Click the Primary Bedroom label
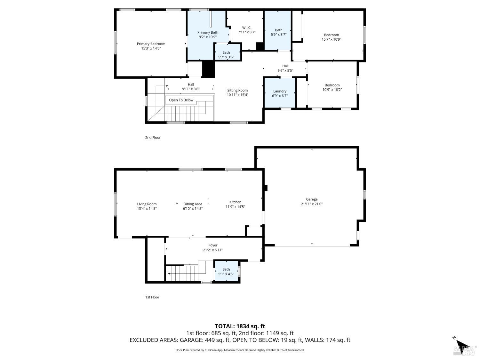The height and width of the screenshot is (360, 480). pyautogui.click(x=151, y=44)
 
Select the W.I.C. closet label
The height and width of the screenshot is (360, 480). pyautogui.click(x=246, y=28)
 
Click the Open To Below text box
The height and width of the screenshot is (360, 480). pyautogui.click(x=181, y=100)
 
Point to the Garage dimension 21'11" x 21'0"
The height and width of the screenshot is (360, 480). pyautogui.click(x=312, y=204)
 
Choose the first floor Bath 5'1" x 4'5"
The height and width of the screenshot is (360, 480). pyautogui.click(x=226, y=271)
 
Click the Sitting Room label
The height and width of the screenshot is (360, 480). pyautogui.click(x=237, y=90)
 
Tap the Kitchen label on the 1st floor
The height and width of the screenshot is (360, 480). pyautogui.click(x=235, y=202)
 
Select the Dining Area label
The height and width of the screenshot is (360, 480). pyautogui.click(x=193, y=204)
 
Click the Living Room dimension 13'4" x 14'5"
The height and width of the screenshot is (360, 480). pyautogui.click(x=147, y=208)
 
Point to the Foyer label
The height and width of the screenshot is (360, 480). pyautogui.click(x=213, y=245)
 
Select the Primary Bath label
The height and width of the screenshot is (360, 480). pyautogui.click(x=208, y=32)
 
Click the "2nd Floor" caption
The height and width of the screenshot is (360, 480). pyautogui.click(x=153, y=138)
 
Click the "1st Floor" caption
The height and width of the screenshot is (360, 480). pyautogui.click(x=152, y=297)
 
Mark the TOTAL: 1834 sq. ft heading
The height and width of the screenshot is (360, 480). pyautogui.click(x=240, y=326)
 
